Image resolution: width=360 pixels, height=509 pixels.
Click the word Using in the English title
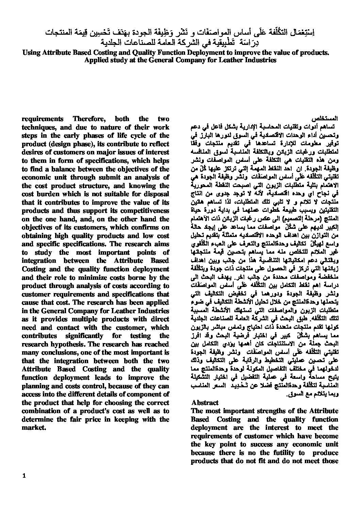31,52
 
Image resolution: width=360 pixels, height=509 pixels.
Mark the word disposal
156,194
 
